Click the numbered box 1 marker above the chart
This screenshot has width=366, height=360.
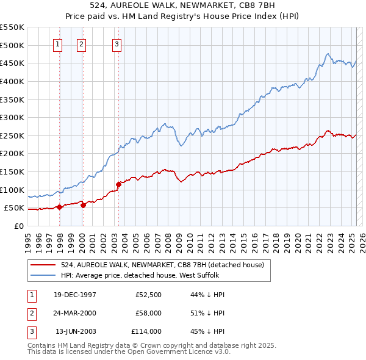(57, 43)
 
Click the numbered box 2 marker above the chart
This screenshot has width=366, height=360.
(81, 43)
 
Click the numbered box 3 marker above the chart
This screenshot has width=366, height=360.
(116, 43)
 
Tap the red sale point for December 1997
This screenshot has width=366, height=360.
(59, 207)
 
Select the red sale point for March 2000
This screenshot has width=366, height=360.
(83, 205)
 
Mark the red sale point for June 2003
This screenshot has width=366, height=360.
(118, 184)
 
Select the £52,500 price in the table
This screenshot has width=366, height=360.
(148, 295)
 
